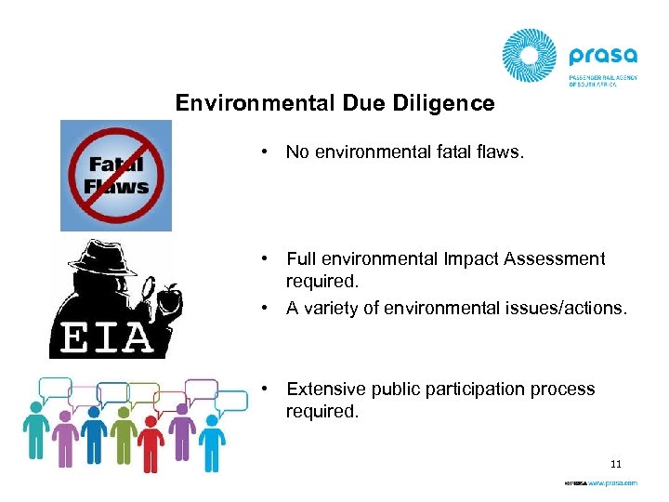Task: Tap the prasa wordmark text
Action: (604, 53)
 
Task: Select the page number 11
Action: (615, 462)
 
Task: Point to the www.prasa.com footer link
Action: (613, 483)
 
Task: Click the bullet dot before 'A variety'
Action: (265, 308)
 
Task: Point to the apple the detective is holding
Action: (170, 298)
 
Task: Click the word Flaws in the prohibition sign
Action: (116, 185)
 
